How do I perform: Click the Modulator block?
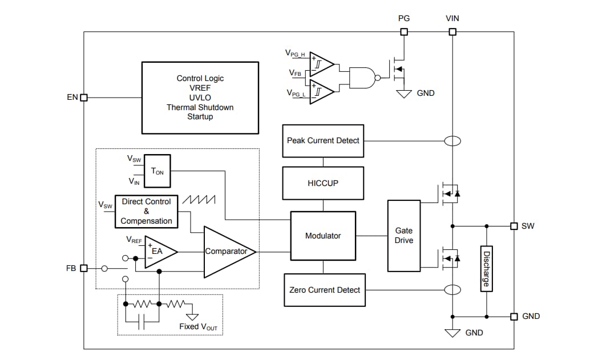(323, 235)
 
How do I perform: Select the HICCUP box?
(323, 183)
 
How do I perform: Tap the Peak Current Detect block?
(323, 140)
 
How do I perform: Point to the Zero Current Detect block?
(324, 290)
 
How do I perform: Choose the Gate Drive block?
(404, 235)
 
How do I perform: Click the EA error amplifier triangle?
(159, 250)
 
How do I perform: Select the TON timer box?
(157, 171)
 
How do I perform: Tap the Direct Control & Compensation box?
(146, 211)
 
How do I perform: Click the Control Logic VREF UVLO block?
(200, 98)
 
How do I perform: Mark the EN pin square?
(84, 98)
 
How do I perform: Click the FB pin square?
(84, 268)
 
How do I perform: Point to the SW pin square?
(514, 226)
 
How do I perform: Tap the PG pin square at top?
(404, 32)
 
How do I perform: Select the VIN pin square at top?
(452, 32)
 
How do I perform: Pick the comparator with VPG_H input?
(321, 63)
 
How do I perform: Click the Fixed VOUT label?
(198, 326)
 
